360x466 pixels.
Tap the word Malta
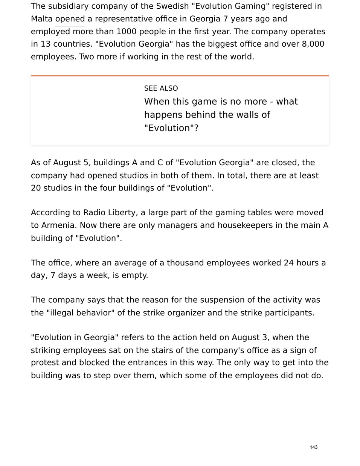coord(42,19)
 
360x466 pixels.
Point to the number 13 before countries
coord(46,44)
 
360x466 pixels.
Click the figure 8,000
coord(313,44)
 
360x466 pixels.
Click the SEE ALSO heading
coord(161,88)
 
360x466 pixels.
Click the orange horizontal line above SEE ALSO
coord(180,76)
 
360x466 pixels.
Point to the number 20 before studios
coord(36,188)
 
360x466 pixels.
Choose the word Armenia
coord(59,225)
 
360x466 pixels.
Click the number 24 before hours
coord(289,263)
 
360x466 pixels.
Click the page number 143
coord(313,447)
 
